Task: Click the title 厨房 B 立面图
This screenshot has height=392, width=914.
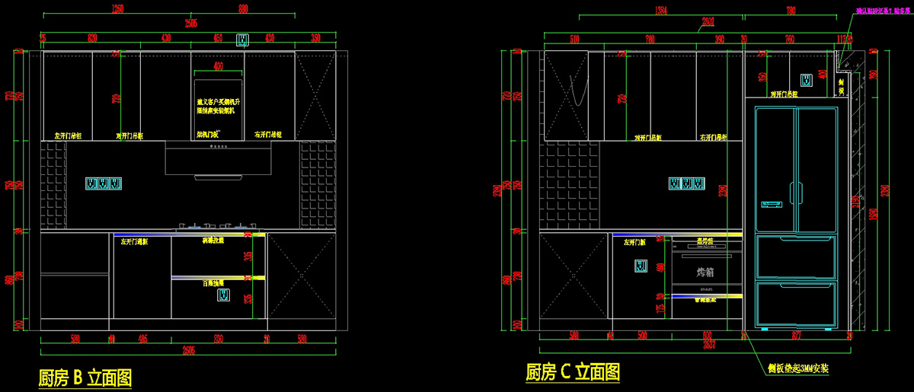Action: click(85, 378)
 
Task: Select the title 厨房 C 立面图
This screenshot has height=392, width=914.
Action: click(573, 372)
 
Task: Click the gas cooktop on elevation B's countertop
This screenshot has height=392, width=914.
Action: click(219, 226)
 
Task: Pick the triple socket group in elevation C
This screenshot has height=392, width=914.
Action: click(687, 183)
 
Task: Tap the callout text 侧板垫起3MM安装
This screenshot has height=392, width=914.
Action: click(797, 368)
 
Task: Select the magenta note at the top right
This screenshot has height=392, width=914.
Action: click(881, 11)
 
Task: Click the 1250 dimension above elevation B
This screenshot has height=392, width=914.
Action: click(117, 9)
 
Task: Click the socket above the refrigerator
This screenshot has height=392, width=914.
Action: click(805, 79)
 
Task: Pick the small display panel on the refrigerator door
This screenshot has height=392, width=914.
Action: click(772, 204)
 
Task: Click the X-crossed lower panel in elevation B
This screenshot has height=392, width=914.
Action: click(301, 276)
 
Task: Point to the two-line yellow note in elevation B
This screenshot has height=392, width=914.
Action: click(219, 106)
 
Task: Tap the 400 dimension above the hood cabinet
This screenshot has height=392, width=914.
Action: click(219, 66)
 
